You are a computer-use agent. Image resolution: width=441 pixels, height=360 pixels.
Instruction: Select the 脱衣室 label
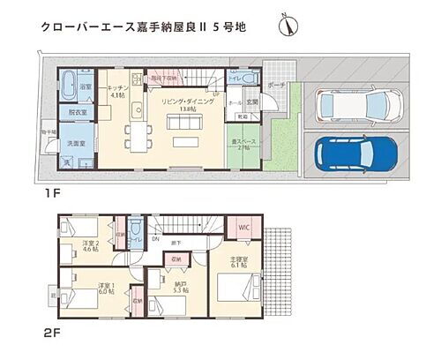pos(76,113)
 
